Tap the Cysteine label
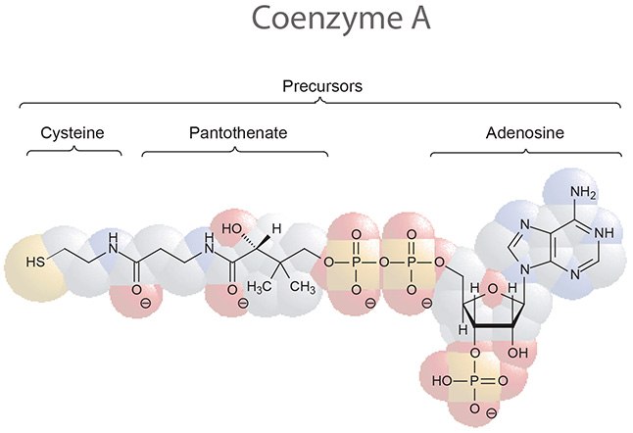72,132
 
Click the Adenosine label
525,132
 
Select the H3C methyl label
259,287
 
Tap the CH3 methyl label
301,287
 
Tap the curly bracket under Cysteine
72,152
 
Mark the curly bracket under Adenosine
525,152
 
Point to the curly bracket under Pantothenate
235,152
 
